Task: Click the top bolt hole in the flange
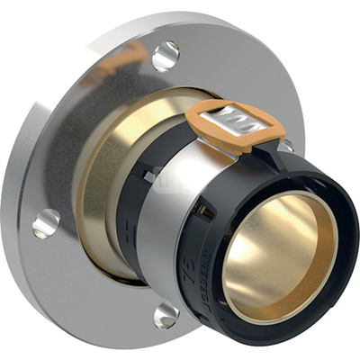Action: [x=166, y=56]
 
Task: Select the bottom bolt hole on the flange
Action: [x=166, y=314]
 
